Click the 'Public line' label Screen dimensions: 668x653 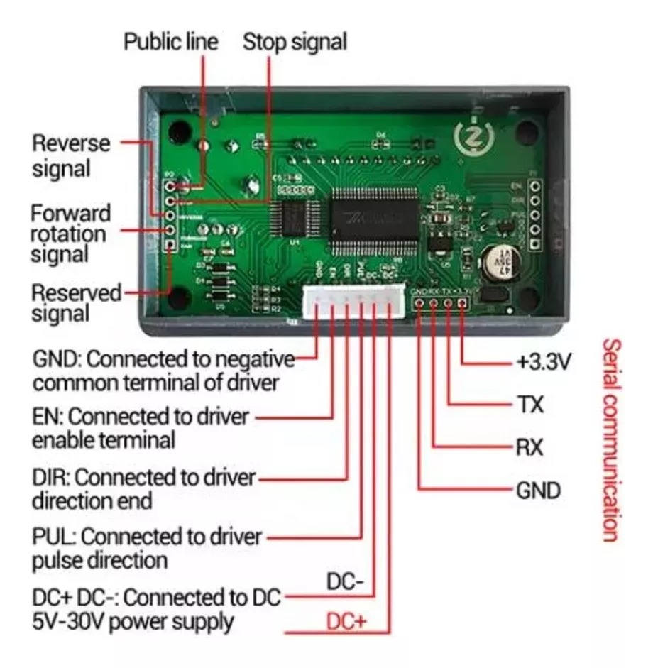click(170, 41)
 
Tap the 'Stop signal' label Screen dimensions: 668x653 click(295, 41)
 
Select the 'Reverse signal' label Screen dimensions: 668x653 click(70, 155)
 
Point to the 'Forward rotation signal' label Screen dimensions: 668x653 click(70, 233)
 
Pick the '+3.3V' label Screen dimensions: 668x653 click(543, 363)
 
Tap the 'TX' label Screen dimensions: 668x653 click(529, 405)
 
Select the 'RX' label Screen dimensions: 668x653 click(529, 448)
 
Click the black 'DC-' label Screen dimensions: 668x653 click(345, 583)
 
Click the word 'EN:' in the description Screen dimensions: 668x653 click(48, 415)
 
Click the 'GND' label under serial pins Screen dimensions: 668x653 click(537, 491)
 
